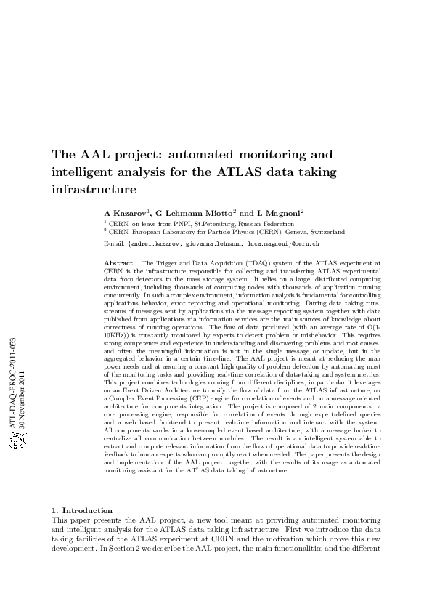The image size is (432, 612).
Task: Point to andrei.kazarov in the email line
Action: (x=155, y=243)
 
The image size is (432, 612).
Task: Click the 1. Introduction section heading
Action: (x=81, y=511)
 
